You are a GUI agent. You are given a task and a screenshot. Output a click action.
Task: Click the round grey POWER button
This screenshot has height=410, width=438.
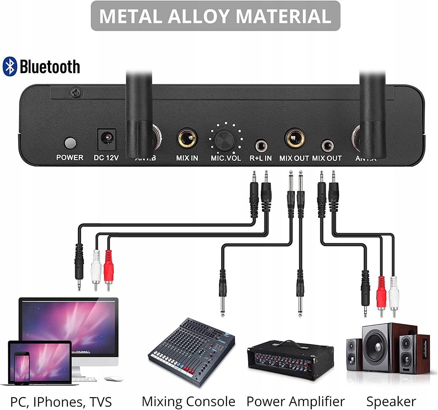click(70, 143)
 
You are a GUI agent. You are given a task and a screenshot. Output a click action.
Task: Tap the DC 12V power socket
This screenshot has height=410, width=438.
click(106, 139)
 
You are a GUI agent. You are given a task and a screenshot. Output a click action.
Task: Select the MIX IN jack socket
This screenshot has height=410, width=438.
click(187, 139)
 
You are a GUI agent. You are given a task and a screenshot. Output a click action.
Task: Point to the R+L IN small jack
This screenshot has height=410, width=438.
click(261, 145)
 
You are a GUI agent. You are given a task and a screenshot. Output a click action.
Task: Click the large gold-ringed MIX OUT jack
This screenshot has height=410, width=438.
click(295, 138)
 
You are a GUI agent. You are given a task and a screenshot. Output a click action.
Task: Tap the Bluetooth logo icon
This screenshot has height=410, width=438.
click(10, 67)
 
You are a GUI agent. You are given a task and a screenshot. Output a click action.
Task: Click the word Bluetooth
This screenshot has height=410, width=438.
click(50, 67)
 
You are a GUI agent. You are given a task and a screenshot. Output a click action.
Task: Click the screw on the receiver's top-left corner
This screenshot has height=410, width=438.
click(76, 93)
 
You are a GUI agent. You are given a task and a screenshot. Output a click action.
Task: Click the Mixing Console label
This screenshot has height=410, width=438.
click(188, 402)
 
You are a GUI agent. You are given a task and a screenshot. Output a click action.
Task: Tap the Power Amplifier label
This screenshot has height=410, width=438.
click(296, 402)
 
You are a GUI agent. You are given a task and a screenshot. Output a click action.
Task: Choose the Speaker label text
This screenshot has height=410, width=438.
click(391, 402)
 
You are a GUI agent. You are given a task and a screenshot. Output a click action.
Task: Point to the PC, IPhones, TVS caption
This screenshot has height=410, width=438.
click(61, 402)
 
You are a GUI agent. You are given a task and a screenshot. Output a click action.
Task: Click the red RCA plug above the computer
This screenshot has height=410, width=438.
click(108, 266)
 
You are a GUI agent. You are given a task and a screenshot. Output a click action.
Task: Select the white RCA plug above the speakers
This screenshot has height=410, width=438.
click(394, 291)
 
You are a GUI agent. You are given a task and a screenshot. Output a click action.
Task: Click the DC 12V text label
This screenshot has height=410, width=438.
click(106, 158)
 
